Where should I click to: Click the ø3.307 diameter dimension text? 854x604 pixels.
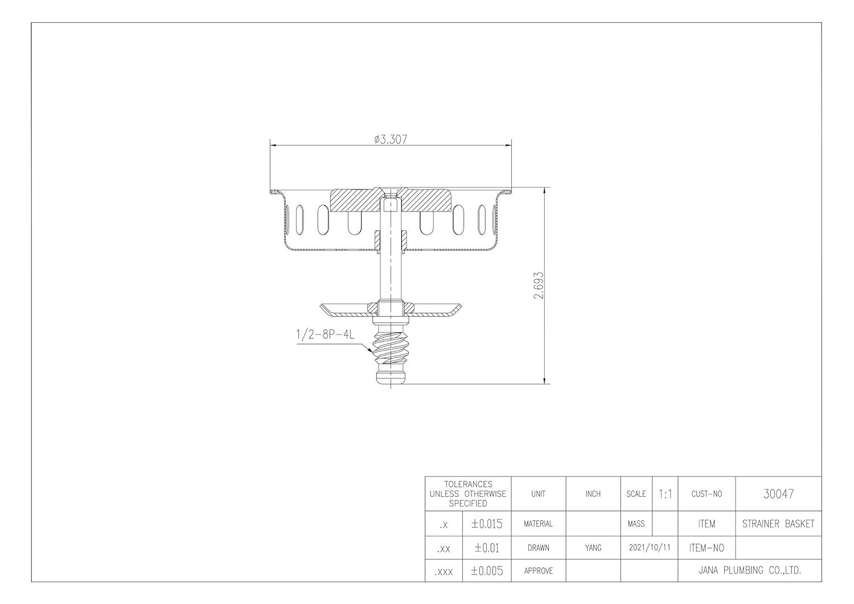(391, 139)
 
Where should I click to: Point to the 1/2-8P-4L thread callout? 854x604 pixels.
(325, 334)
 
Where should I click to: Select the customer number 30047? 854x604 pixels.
(778, 494)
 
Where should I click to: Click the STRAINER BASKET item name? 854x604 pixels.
(778, 524)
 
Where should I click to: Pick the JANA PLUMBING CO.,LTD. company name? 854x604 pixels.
(749, 570)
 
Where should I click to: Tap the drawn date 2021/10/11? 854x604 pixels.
(649, 548)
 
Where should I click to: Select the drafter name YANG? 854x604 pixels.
(593, 548)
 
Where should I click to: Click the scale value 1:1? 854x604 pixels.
(664, 494)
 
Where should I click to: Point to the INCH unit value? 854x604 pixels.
(593, 494)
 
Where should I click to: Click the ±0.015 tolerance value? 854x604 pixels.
(487, 524)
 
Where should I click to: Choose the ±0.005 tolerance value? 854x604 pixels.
(487, 571)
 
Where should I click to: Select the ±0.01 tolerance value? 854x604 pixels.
(487, 548)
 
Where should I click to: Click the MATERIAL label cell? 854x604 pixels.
(538, 524)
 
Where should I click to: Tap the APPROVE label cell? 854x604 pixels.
(538, 570)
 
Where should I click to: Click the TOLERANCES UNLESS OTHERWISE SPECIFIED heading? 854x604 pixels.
(468, 494)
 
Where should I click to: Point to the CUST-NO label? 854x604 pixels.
(706, 494)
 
